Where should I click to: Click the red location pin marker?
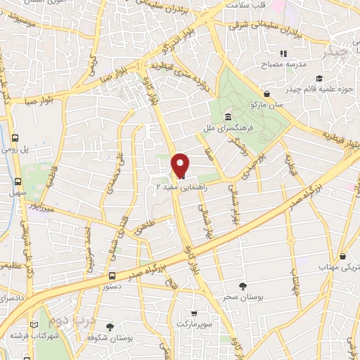point(180,165)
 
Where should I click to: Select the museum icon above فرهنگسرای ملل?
point(229,117)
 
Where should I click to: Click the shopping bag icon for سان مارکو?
point(266,94)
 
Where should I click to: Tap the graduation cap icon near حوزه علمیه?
point(319,78)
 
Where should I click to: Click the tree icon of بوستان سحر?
point(243,285)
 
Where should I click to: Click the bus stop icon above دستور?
point(112,276)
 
